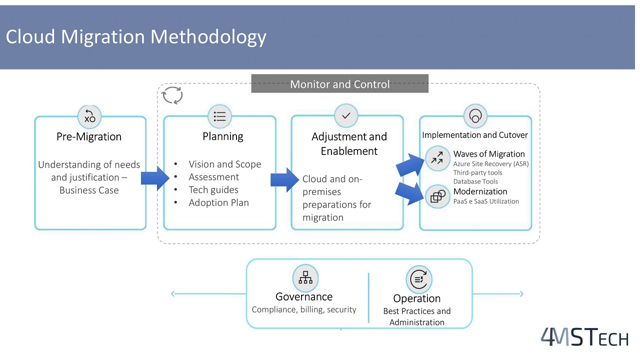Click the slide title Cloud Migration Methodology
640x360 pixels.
136,37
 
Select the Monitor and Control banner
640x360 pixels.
340,84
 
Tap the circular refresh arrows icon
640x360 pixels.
172,95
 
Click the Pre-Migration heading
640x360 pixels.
89,136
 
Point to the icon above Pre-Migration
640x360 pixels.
90,116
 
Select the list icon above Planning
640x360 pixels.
220,116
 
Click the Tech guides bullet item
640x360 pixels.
213,190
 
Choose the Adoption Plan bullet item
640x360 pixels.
218,203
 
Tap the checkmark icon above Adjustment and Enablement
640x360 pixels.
346,115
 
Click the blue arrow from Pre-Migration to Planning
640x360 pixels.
155,178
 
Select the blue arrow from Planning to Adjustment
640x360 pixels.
285,180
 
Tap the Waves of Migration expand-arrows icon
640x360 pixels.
437,157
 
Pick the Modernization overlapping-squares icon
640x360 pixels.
438,196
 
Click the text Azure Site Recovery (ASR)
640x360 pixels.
490,163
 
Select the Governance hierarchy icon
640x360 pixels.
305,277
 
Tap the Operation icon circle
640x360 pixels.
418,279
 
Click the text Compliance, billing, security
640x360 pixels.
304,310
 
